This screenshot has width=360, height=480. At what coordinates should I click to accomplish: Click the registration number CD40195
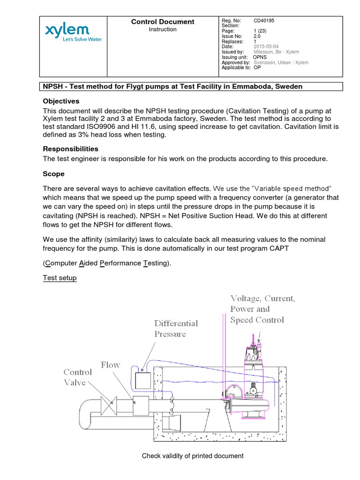(x=264, y=21)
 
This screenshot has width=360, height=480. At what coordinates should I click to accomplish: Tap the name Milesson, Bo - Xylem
(x=276, y=52)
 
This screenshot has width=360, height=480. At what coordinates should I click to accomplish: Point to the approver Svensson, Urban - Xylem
(x=280, y=62)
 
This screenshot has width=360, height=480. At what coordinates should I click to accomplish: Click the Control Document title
(x=163, y=22)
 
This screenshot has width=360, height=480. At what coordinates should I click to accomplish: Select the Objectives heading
(x=61, y=101)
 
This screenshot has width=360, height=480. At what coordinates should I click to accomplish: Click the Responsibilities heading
(x=71, y=149)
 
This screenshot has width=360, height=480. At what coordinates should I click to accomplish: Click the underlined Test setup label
(x=60, y=278)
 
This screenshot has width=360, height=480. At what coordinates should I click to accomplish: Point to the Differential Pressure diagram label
(x=176, y=329)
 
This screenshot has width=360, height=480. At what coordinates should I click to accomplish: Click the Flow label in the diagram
(x=110, y=365)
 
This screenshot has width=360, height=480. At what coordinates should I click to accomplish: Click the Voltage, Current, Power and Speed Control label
(x=262, y=309)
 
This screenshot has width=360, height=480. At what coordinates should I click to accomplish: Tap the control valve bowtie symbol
(x=111, y=402)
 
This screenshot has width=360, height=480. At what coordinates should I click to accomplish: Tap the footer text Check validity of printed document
(x=193, y=456)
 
